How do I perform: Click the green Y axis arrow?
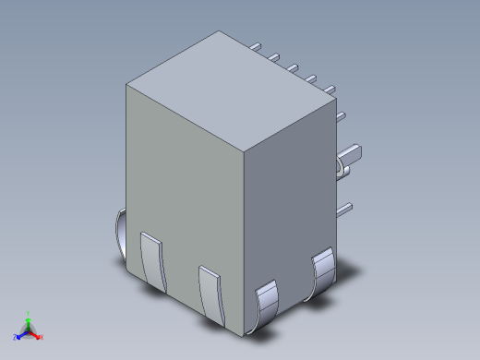29,320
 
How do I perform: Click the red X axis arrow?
36,335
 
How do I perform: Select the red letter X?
42,338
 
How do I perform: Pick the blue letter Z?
16,338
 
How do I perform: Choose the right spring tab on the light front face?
211,292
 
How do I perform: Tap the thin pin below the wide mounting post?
343,209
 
